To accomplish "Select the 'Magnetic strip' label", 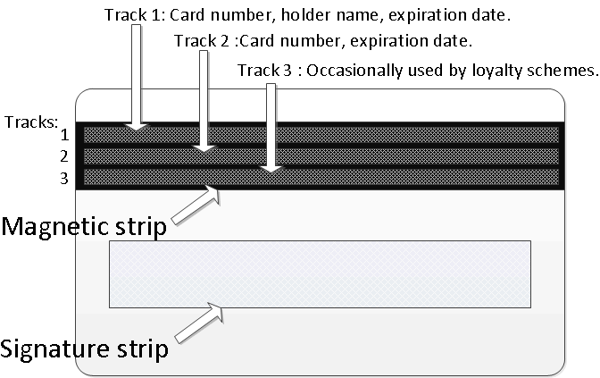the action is [x=84, y=227].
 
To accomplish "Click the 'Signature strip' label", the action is [x=84, y=349].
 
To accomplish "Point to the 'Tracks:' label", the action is [x=31, y=122].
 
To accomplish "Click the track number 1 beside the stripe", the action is [x=64, y=135].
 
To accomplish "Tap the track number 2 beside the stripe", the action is [x=64, y=156].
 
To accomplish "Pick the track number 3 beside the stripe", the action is [x=64, y=178].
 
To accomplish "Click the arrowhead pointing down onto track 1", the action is [x=137, y=127].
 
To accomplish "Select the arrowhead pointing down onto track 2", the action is [x=204, y=149].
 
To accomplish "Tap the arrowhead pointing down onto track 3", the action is [x=271, y=170].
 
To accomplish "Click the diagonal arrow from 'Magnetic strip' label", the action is [x=196, y=205].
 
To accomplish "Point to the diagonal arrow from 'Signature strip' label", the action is [x=199, y=323].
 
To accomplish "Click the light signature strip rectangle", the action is [x=320, y=274].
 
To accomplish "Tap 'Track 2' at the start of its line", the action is [x=202, y=41].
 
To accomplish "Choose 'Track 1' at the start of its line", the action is [x=132, y=15].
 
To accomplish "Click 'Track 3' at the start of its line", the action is [x=264, y=71].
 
